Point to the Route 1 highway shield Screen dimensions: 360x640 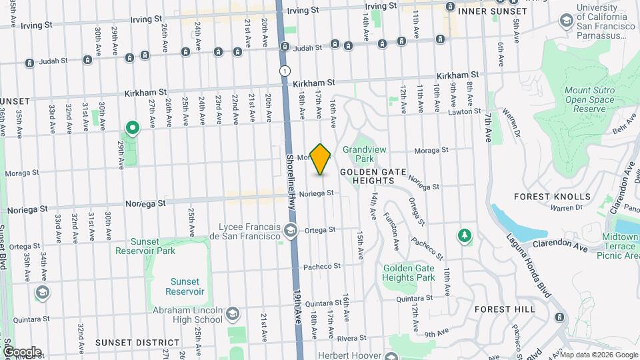(x=285, y=70)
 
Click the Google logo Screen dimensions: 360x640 (x=21, y=351)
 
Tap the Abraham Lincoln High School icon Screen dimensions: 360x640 (x=232, y=313)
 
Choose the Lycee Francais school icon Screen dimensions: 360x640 (x=290, y=231)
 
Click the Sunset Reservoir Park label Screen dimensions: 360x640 (x=145, y=246)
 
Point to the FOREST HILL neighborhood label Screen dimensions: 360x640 (x=505, y=309)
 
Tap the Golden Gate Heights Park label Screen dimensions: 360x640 (x=409, y=273)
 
